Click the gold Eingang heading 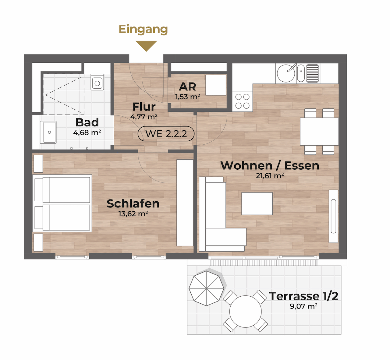click(x=143, y=30)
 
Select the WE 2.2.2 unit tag click(x=166, y=134)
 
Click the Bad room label click(x=87, y=122)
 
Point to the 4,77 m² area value click(x=144, y=117)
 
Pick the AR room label click(x=188, y=86)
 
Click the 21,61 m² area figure click(x=270, y=175)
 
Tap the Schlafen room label click(x=133, y=203)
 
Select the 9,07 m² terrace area click(x=303, y=306)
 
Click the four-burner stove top click(x=242, y=101)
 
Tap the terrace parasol click(x=207, y=288)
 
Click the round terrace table click(x=246, y=312)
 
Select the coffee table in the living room click(x=257, y=203)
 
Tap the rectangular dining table click(x=319, y=131)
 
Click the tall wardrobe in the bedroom click(x=185, y=203)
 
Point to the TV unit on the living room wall click(x=333, y=216)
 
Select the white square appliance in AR click(x=216, y=85)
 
